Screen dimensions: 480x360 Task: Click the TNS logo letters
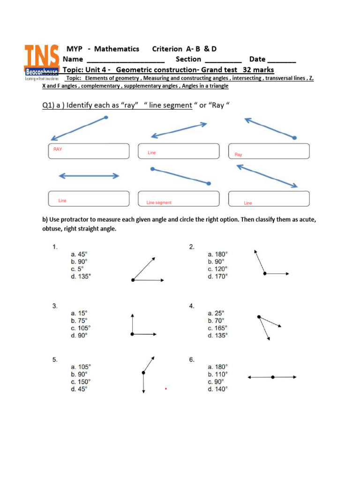tap(42, 55)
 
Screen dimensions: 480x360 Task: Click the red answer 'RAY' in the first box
tap(57, 149)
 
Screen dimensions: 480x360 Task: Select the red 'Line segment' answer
tap(159, 203)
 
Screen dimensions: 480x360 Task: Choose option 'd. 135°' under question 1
tap(81, 277)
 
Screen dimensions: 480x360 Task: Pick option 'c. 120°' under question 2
tap(218, 269)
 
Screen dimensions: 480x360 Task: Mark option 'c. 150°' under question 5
tap(81, 382)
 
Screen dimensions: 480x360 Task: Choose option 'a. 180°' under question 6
tap(218, 367)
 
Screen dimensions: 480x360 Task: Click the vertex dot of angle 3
tap(133, 334)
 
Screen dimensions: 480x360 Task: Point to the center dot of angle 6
tap(272, 376)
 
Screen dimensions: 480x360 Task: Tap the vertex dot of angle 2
tap(265, 273)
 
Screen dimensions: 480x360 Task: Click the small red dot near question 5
tap(166, 389)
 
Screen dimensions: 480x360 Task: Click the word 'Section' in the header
tap(188, 59)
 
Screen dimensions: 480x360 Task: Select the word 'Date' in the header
tap(257, 59)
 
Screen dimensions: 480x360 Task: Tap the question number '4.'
tap(192, 306)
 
